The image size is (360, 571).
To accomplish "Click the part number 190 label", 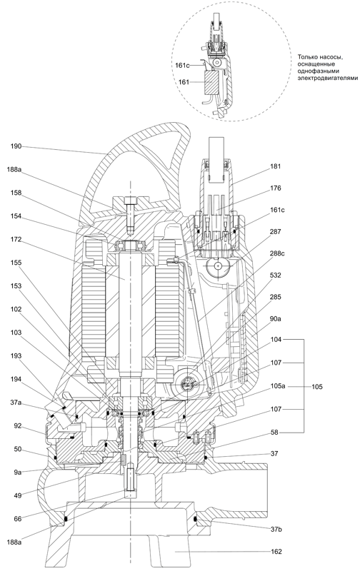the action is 16,146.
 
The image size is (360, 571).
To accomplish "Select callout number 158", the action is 16,193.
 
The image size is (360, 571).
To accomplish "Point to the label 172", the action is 16,240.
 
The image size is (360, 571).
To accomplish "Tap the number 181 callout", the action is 276,166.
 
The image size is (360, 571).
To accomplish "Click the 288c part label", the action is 277,253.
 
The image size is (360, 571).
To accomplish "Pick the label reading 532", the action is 276,276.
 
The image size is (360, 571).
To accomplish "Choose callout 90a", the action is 276,319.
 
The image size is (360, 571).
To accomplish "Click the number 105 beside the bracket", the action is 317,386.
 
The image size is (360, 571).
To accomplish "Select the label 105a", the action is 277,386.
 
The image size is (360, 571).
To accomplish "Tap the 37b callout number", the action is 276,530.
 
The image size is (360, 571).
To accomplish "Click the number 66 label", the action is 18,519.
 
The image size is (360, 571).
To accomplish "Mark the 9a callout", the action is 18,473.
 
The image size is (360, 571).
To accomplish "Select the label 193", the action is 16,355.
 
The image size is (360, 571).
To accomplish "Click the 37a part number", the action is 16,403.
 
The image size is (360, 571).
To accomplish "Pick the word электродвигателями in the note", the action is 328,78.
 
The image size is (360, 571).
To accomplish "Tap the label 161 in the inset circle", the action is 184,82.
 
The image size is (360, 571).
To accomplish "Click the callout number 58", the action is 274,433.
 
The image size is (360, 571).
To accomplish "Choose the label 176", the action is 276,188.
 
